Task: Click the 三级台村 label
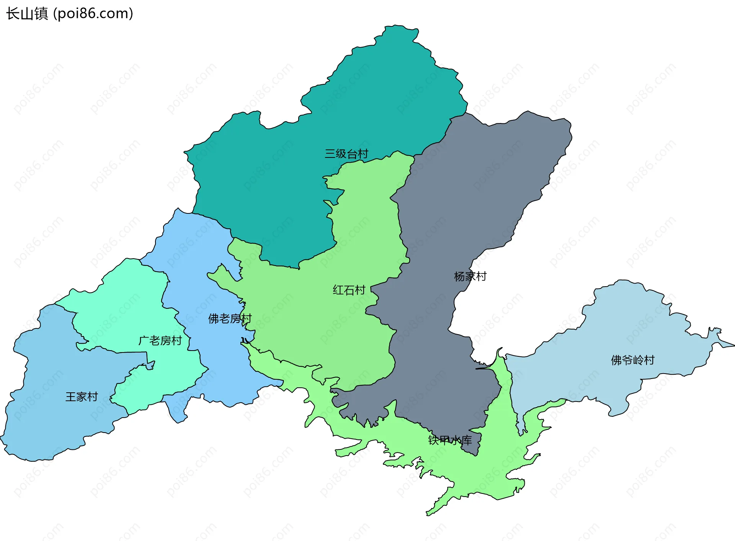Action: coord(346,154)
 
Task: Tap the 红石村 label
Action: coord(349,290)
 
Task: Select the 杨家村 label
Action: coord(470,276)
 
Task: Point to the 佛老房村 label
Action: coord(230,318)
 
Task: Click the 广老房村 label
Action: coord(160,341)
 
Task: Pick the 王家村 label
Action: coord(82,397)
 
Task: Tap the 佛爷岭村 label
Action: coord(632,360)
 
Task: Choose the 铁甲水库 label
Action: coord(450,440)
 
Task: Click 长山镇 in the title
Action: coord(27,14)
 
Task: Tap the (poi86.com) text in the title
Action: coord(93,14)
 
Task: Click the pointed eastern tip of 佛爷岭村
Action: coord(732,345)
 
